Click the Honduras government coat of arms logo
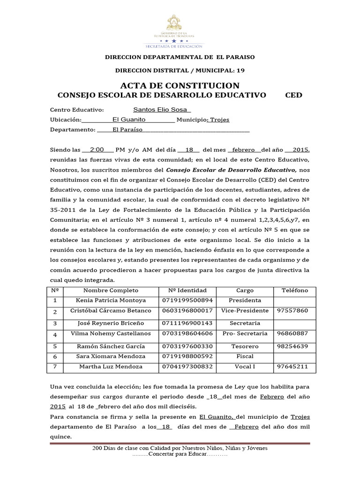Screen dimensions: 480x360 click(180, 28)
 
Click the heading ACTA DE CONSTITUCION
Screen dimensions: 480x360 click(180, 85)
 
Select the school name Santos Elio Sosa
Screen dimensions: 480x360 click(154, 110)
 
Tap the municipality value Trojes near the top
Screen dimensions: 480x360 click(219, 120)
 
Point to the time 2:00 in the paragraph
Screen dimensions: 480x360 click(97, 150)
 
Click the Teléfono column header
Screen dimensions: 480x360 click(295, 291)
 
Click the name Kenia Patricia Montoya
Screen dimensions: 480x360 click(108, 300)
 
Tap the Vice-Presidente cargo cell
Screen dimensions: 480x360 click(245, 311)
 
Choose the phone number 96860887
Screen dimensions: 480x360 click(292, 333)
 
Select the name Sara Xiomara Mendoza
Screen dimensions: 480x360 click(108, 356)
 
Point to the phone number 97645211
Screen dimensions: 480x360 click(292, 366)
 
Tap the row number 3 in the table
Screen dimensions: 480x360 click(55, 323)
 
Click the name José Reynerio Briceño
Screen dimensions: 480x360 click(108, 323)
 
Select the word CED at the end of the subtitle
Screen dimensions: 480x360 click(294, 95)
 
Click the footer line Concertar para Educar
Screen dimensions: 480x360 click(180, 455)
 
